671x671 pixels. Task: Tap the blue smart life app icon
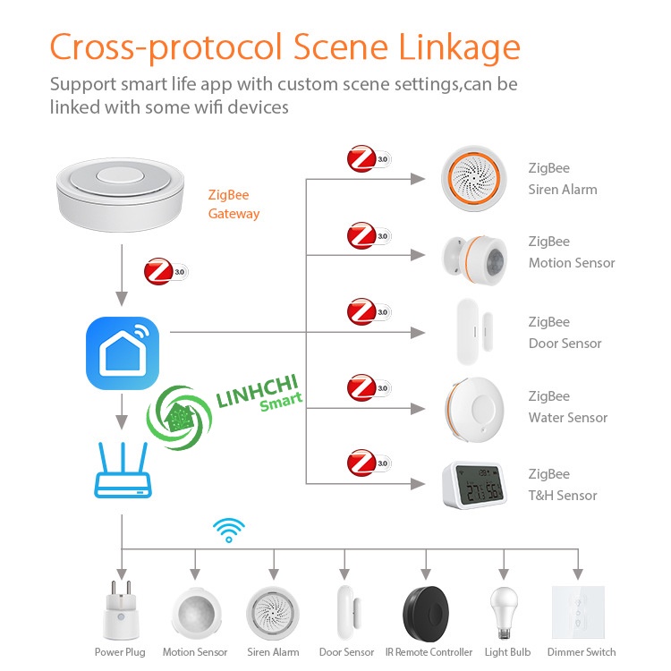123,352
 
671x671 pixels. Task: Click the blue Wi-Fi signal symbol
229,530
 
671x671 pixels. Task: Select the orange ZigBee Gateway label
234,204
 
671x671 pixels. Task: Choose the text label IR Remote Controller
429,652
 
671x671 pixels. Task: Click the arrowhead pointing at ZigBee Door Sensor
418,333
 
